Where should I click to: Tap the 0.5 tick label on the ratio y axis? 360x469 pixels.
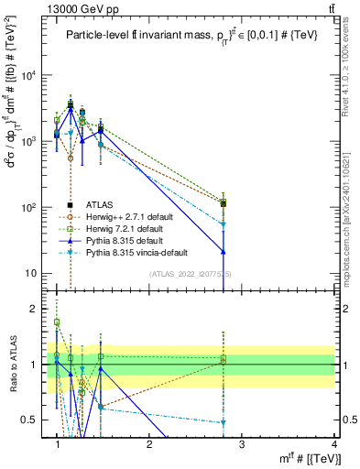(32, 420)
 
